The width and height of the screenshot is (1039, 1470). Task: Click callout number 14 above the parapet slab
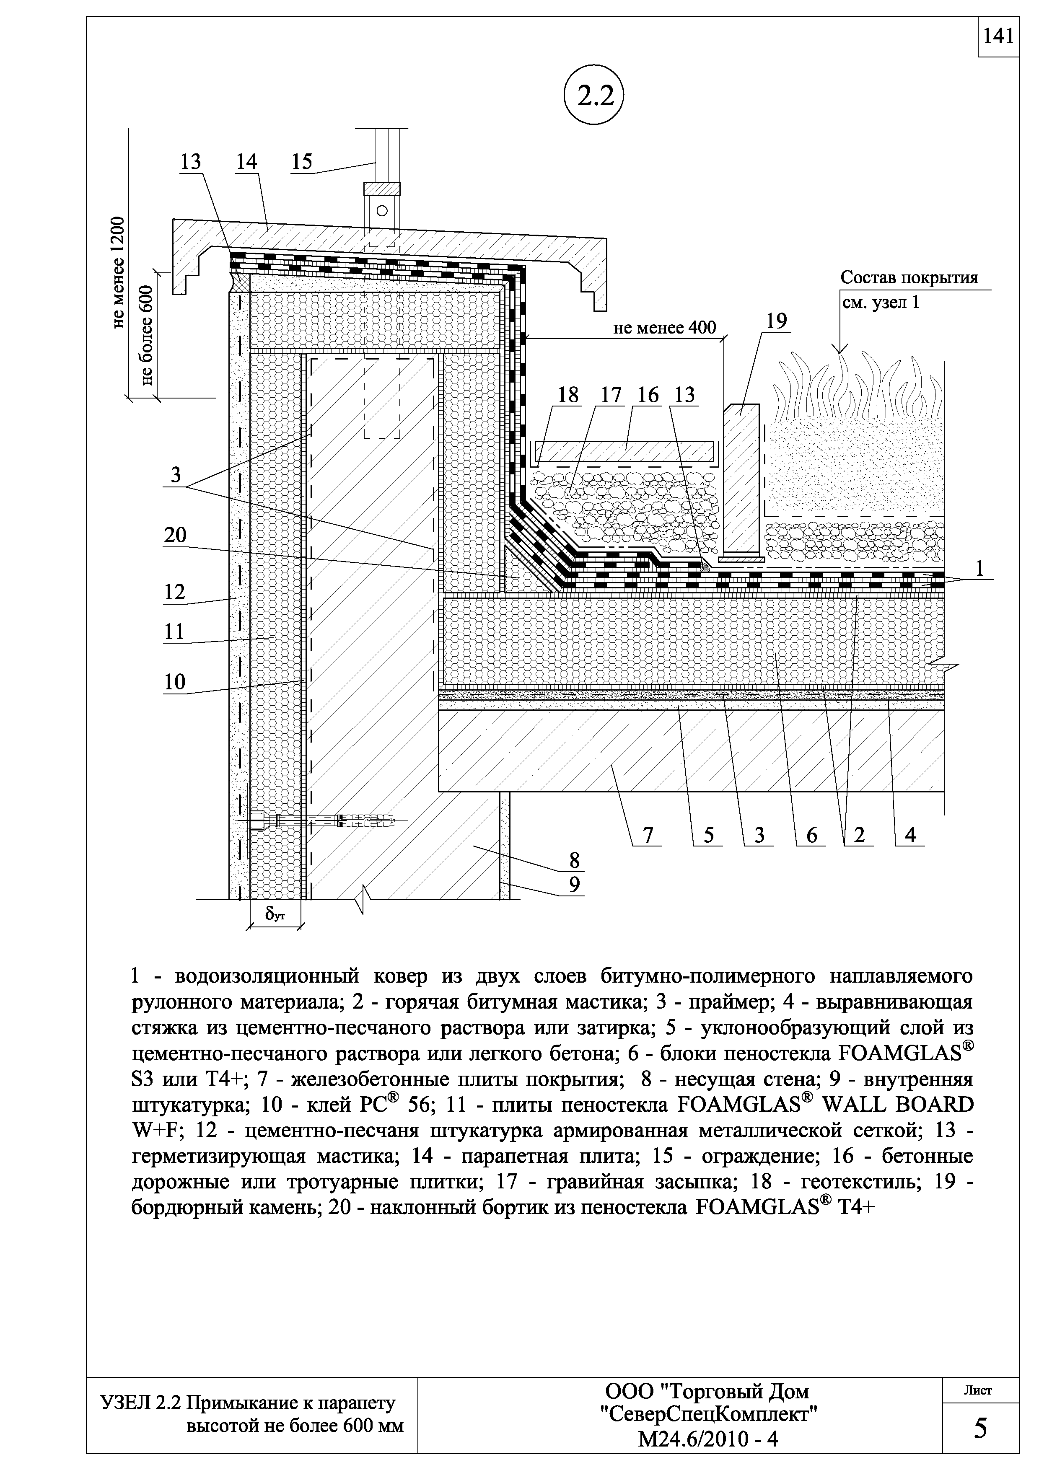(246, 162)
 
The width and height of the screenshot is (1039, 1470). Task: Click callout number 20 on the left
(175, 534)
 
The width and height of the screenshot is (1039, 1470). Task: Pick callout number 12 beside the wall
(175, 592)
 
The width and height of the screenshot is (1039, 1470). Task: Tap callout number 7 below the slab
(648, 835)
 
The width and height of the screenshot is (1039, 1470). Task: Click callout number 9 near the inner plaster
(574, 884)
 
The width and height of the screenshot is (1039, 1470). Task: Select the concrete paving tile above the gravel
(624, 450)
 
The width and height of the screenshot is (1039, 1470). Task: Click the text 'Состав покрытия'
(909, 278)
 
